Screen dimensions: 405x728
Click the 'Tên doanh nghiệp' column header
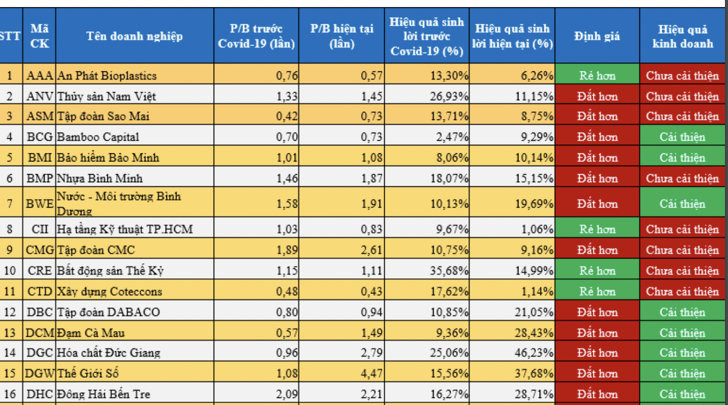(134, 36)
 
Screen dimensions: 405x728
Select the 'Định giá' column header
(597, 36)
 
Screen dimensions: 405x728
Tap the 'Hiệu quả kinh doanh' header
(682, 36)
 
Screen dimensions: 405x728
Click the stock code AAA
(40, 76)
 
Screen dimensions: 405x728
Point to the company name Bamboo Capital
(98, 137)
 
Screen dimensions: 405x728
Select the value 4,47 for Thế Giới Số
(372, 374)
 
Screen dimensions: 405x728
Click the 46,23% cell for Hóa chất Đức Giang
(534, 353)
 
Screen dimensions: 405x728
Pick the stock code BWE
(40, 204)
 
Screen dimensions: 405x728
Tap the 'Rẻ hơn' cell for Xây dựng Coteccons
(597, 292)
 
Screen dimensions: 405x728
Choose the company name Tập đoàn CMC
(96, 250)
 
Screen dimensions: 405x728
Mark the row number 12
(10, 312)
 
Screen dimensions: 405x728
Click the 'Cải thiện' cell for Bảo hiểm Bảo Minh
(682, 158)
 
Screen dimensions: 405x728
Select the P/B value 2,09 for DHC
(287, 394)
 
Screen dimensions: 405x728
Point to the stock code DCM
(40, 333)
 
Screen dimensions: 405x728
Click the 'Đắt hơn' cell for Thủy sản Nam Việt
(597, 96)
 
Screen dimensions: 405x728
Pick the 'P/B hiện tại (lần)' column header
(342, 36)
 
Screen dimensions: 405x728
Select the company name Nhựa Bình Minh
(100, 178)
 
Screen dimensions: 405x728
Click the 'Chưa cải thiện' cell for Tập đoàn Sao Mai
(682, 116)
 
